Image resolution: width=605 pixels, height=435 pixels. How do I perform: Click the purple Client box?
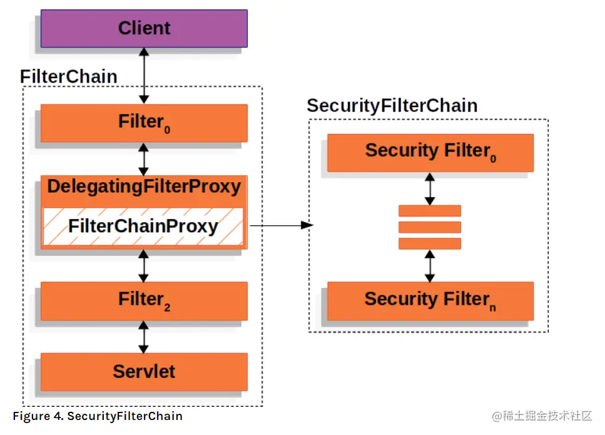(144, 29)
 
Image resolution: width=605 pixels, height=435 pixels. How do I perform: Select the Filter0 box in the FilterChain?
(144, 123)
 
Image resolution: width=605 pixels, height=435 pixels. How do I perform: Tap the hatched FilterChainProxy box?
(143, 226)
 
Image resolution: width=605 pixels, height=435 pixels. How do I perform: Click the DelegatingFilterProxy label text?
(144, 187)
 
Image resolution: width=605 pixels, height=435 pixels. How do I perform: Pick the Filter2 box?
(144, 300)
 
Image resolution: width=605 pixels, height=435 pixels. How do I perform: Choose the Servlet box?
(144, 372)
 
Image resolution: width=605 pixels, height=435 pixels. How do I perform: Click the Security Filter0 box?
(430, 152)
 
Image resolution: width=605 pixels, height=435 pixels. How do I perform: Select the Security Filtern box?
(430, 300)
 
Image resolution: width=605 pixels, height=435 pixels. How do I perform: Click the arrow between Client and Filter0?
(144, 76)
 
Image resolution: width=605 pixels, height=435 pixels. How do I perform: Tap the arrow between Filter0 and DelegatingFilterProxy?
(144, 159)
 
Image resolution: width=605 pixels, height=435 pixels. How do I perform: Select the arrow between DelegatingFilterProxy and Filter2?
(144, 265)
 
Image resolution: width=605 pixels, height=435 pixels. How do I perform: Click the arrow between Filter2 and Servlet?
(144, 337)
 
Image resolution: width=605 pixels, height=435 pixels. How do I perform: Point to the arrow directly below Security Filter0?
(430, 188)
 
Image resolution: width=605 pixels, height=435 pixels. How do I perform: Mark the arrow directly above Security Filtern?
(430, 265)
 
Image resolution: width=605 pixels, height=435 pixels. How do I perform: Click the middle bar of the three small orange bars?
(430, 227)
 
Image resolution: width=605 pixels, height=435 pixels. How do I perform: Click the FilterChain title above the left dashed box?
(69, 76)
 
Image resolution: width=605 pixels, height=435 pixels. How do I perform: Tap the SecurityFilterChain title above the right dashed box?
(392, 106)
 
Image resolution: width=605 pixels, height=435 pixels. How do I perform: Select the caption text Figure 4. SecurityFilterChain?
(98, 416)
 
